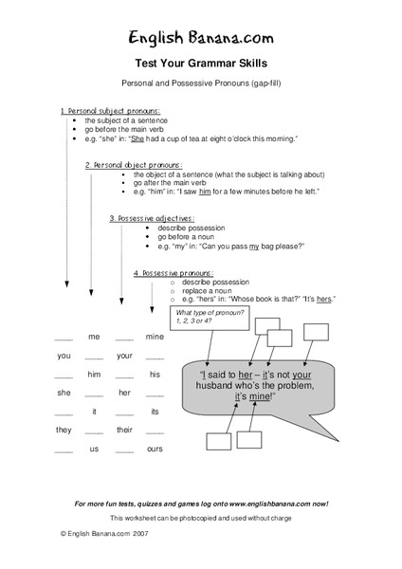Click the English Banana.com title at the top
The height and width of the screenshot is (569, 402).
click(201, 37)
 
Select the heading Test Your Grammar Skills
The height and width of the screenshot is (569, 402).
click(201, 63)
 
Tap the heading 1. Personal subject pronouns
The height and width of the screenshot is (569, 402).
click(111, 111)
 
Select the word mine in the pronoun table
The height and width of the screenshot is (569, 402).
click(155, 337)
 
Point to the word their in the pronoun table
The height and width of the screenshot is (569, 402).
click(124, 430)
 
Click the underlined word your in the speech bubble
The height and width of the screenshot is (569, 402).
click(331, 374)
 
